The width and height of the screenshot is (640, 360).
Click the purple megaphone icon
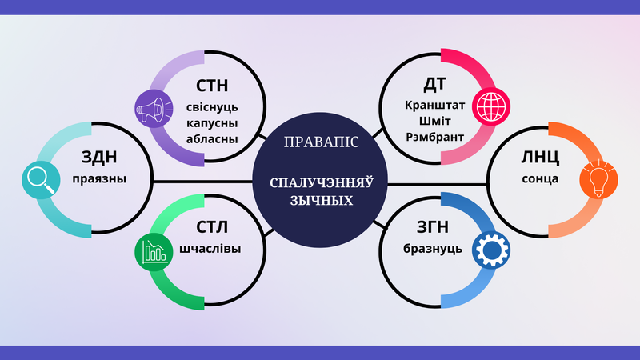point(154,109)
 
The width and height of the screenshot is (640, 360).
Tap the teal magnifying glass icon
point(41,180)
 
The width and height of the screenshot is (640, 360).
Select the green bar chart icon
point(154,252)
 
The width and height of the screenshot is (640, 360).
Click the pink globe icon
point(491,106)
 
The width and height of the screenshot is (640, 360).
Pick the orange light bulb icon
point(598,180)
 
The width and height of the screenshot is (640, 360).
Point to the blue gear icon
point(491,250)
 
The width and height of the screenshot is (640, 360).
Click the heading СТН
point(212,86)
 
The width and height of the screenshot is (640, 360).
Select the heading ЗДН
point(99,157)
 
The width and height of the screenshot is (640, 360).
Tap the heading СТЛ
point(212,227)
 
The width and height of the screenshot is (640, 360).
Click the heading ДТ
point(434,84)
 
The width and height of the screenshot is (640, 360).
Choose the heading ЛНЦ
point(540,157)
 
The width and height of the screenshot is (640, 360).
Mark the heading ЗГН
point(433,227)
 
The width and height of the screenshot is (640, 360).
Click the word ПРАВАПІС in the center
point(322,142)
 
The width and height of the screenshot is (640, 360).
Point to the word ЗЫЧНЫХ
point(322,201)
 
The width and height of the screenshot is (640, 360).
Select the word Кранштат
point(434,106)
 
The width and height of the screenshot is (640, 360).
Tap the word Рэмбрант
point(434,137)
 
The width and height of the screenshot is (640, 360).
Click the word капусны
point(212,123)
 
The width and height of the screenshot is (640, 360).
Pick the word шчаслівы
point(210,249)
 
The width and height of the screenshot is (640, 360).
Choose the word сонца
point(540,179)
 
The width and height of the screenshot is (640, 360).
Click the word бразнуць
point(433,249)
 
